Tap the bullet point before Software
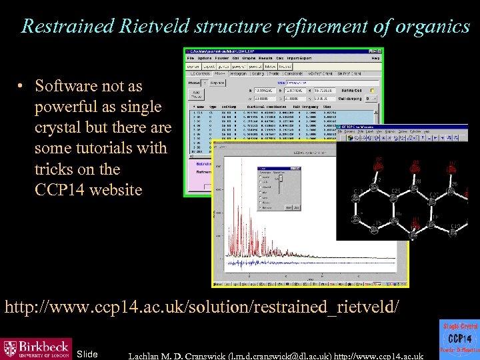coord(22,87)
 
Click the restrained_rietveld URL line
coord(203,307)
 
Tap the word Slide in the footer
coord(87,354)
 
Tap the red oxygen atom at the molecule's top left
coord(379,166)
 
